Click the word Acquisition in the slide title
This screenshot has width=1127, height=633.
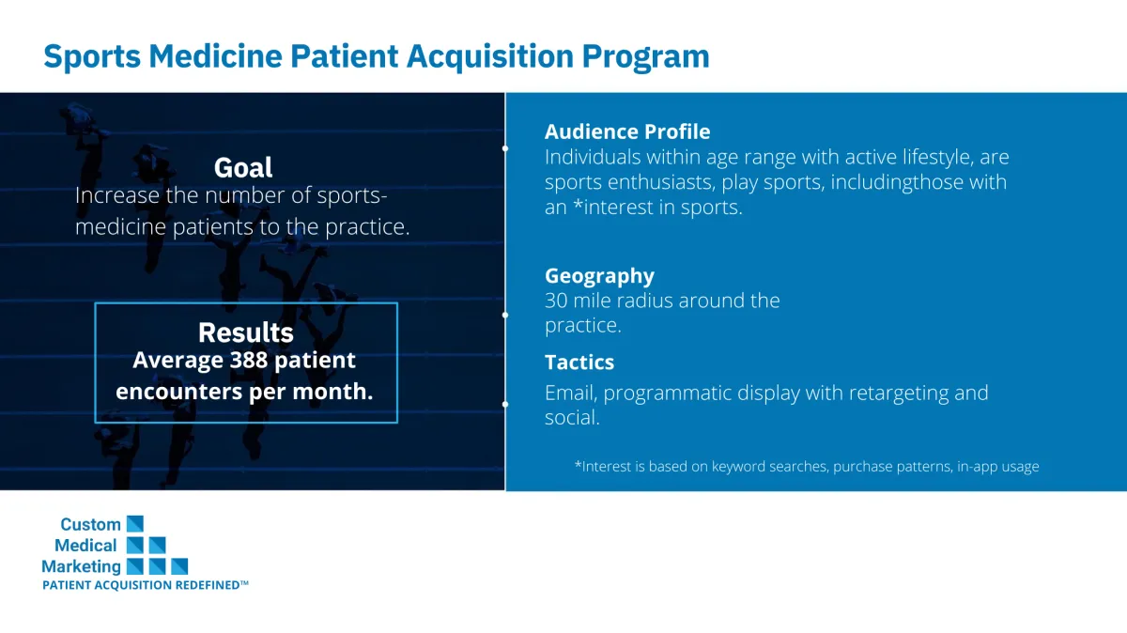490,56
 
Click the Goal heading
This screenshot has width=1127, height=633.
243,167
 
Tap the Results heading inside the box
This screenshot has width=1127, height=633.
245,332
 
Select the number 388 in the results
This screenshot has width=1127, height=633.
249,361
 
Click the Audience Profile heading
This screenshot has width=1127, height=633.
627,131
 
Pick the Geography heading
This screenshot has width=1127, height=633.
600,276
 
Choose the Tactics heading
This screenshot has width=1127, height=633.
579,363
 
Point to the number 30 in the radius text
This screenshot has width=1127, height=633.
556,301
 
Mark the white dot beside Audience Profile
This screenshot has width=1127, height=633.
505,148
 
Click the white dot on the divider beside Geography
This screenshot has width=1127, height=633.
505,316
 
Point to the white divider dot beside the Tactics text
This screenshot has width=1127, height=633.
505,404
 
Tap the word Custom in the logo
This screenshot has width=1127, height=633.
90,524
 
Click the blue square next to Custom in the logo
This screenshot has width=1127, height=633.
135,524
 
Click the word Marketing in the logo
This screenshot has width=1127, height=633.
81,567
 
